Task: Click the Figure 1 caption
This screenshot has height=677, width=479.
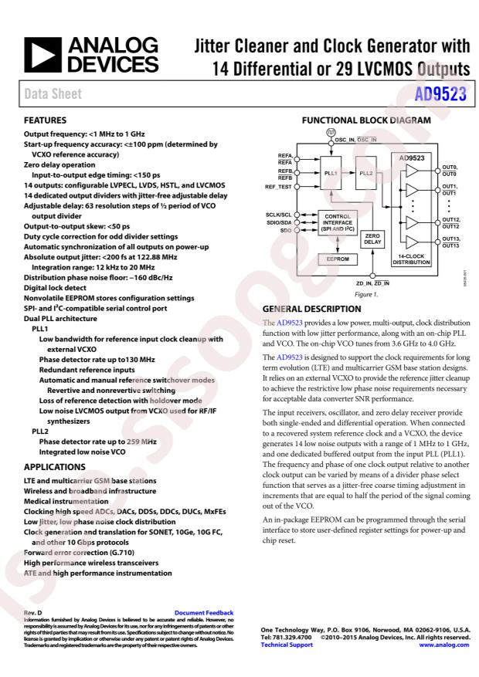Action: pyautogui.click(x=364, y=294)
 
